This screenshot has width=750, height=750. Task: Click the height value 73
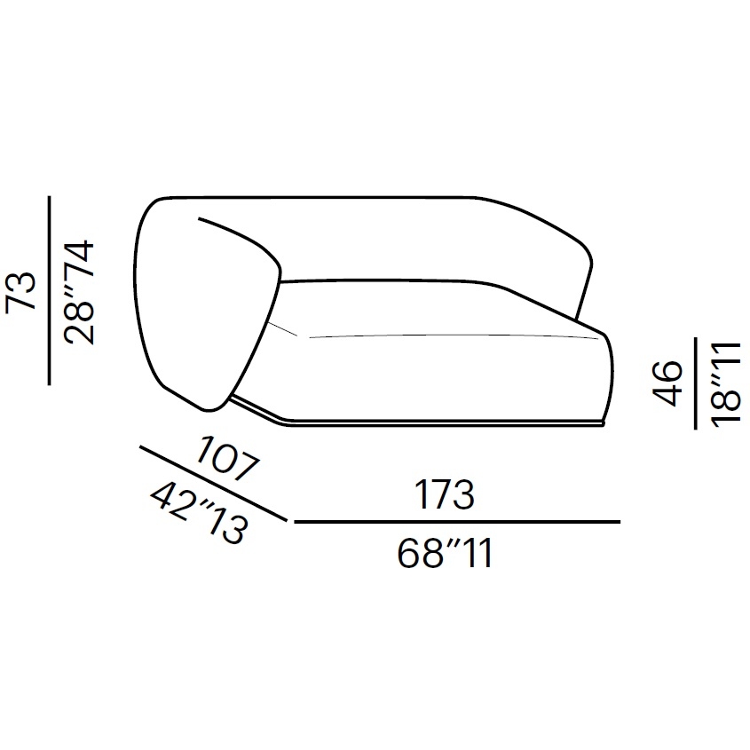coord(21,291)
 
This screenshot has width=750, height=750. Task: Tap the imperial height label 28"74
coord(79,293)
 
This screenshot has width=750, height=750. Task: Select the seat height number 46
coord(667,383)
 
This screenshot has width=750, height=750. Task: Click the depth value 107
coord(229,458)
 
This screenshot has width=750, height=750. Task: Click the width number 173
coord(445,494)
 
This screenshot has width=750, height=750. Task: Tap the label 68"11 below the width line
coord(445,553)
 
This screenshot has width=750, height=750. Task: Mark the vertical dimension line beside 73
coord(49,290)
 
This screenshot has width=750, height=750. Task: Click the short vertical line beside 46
coord(696,383)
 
